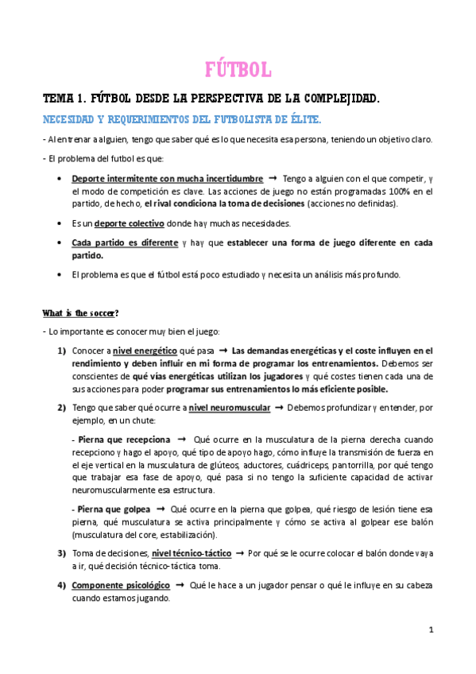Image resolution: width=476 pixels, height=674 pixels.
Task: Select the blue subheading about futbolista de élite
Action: point(182,119)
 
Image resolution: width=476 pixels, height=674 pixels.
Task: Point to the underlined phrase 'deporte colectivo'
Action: point(126,223)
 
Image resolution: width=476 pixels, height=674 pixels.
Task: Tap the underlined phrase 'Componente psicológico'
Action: point(121,585)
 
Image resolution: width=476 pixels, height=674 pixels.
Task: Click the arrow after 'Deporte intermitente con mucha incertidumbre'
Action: point(271,178)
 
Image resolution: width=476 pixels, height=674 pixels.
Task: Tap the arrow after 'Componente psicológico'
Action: point(180,585)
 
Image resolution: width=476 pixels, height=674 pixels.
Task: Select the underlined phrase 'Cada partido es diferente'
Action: point(125,242)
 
